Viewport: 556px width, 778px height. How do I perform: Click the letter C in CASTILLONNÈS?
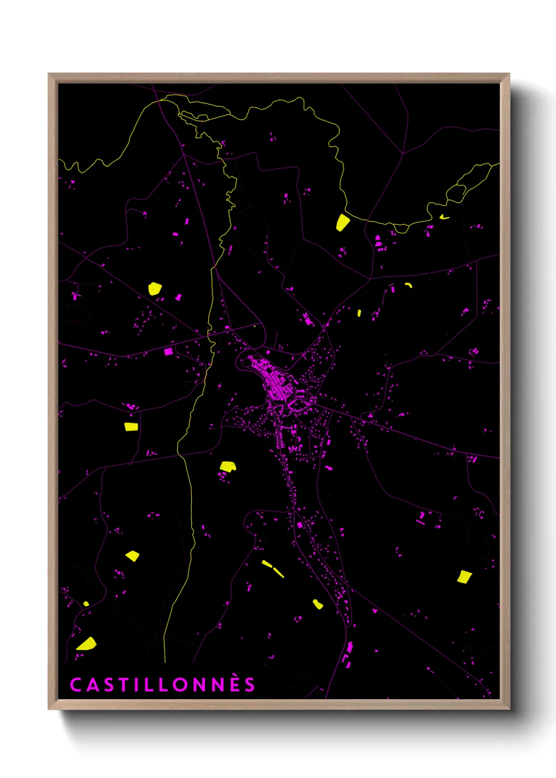pos(76,684)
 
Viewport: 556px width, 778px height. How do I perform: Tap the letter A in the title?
pos(91,684)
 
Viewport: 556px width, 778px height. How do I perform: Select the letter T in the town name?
pos(121,684)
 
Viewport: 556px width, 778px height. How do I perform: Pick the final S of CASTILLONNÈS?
pos(250,684)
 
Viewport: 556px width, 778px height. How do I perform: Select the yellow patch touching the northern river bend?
pos(342,222)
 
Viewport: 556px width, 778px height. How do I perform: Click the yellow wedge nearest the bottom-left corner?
pos(87,644)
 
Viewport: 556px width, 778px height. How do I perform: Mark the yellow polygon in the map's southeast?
pos(464,577)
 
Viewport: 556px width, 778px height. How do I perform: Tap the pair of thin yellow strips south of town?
pos(273,568)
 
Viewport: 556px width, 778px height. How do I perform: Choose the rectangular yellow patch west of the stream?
pos(131,426)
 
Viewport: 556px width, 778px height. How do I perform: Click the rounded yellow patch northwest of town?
pos(155,289)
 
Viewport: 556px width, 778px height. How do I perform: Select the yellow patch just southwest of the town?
pos(228,466)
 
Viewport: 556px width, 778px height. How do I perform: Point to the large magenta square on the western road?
pos(168,351)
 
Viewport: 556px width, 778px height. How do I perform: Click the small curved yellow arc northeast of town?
pos(409,285)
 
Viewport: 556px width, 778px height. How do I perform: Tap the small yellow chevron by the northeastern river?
pos(444,216)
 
